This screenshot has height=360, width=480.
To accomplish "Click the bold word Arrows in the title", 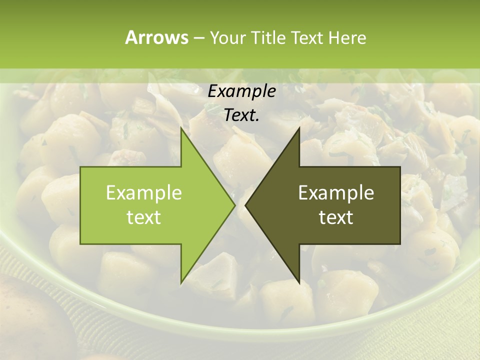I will click(x=156, y=37).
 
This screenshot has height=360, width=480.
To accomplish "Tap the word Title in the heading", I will click(x=268, y=37).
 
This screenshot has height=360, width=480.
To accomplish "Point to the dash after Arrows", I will click(x=198, y=38).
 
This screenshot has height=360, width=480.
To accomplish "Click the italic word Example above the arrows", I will click(x=241, y=91).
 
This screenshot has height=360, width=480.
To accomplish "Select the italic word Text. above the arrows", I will click(x=241, y=115).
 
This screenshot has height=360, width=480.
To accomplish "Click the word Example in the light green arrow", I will click(x=144, y=192).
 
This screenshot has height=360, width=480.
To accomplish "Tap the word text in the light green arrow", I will click(x=144, y=217).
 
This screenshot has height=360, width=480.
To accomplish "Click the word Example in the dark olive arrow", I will click(x=336, y=192).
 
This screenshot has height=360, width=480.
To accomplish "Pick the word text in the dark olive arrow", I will click(x=336, y=217).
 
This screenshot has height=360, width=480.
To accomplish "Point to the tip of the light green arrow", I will click(x=235, y=205).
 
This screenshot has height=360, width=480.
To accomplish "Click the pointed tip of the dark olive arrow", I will click(x=245, y=205).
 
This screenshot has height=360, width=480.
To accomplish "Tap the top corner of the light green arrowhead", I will click(x=181, y=127).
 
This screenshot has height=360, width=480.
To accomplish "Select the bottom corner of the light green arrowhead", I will click(x=181, y=283).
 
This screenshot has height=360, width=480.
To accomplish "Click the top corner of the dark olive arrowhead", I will click(x=299, y=127).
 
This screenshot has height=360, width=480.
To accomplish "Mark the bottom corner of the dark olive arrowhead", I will click(x=299, y=283).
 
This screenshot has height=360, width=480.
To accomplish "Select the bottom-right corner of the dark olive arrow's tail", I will click(x=400, y=244).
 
